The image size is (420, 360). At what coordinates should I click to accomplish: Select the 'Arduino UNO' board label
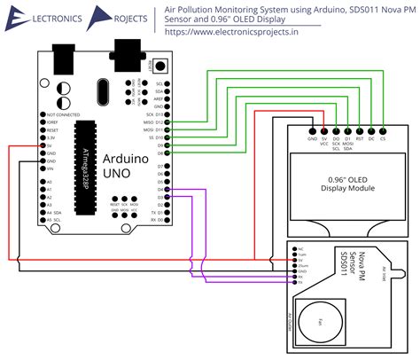121,166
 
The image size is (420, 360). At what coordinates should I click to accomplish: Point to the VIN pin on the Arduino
43,168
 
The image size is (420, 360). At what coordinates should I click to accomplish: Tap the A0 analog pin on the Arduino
43,182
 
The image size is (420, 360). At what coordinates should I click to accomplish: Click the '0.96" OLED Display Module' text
347,183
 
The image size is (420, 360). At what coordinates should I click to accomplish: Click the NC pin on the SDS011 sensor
296,249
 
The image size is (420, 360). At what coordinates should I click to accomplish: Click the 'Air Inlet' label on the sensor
383,272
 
